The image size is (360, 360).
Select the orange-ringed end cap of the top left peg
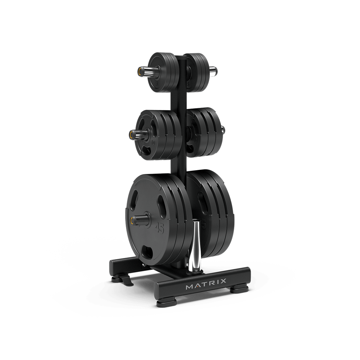(139, 71)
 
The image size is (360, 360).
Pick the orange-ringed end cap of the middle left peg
(131, 135)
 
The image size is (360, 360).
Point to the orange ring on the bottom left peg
(131, 220)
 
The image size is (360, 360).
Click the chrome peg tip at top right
(214, 70)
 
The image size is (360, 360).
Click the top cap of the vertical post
(182, 55)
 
